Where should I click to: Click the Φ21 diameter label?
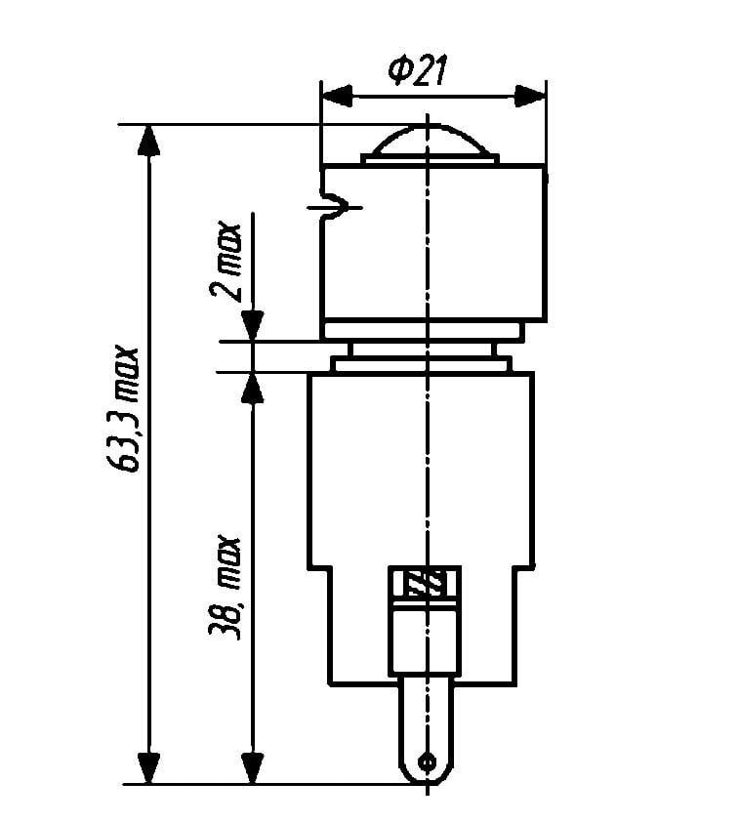point(418,71)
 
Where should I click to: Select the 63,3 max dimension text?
point(124,409)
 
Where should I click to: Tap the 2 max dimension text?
point(226,262)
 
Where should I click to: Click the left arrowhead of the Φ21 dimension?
point(337,97)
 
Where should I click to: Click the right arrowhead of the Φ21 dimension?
point(530,97)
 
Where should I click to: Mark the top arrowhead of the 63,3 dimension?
point(148,141)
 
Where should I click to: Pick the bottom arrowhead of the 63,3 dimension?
point(148,768)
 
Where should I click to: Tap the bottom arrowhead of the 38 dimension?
point(252,768)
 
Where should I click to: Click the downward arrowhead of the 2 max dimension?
point(252,326)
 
